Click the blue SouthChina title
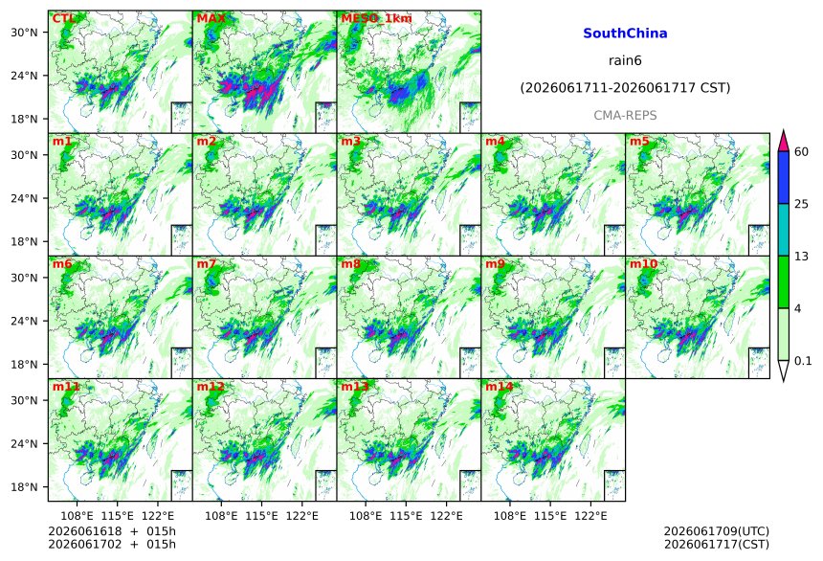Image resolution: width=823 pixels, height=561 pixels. (x=625, y=34)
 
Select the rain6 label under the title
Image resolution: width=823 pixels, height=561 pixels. (x=625, y=60)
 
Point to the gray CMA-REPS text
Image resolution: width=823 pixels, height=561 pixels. (x=625, y=115)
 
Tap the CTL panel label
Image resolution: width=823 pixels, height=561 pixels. (x=62, y=18)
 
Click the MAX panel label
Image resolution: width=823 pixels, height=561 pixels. (x=211, y=18)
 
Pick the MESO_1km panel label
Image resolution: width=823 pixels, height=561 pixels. (x=376, y=18)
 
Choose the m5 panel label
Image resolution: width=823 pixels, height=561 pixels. (x=639, y=142)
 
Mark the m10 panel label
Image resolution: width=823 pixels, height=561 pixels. (x=643, y=263)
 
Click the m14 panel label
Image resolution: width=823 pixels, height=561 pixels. (x=499, y=387)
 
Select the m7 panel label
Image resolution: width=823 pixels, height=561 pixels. (x=207, y=263)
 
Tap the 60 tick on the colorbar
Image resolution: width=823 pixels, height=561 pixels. (x=802, y=152)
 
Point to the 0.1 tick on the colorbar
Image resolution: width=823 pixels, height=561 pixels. (x=803, y=361)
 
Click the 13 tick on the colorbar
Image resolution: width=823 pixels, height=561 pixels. (x=802, y=257)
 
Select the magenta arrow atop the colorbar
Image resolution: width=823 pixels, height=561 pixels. (x=784, y=141)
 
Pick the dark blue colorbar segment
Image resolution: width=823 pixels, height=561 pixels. (x=784, y=177)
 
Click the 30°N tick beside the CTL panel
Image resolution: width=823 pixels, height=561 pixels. (x=24, y=32)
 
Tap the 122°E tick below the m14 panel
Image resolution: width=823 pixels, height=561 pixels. (x=590, y=516)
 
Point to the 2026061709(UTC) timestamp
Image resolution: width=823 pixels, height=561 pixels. (x=717, y=531)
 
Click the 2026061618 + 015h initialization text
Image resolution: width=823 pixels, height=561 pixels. (x=112, y=531)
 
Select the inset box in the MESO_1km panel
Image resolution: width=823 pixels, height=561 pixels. (x=470, y=117)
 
